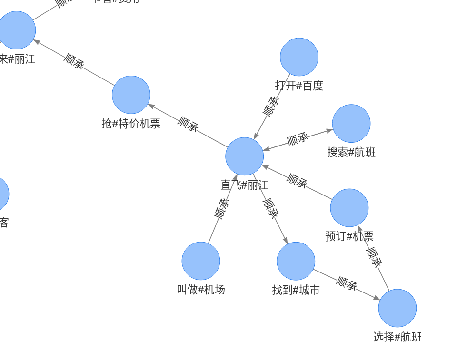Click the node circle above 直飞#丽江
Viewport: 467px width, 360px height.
[x=244, y=156]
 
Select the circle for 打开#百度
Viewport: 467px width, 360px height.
[x=299, y=57]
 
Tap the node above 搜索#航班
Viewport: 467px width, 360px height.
[x=351, y=124]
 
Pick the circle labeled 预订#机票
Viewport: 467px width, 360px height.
[x=349, y=208]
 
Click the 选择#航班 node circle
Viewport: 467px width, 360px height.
[x=397, y=308]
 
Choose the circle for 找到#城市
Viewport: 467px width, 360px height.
[x=296, y=261]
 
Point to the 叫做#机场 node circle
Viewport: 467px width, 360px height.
[x=201, y=261]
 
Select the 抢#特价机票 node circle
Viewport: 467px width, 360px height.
[x=131, y=95]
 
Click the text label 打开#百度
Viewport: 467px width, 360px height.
[x=299, y=86]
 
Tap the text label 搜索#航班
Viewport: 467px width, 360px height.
[x=351, y=152]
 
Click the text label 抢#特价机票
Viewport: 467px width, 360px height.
[x=131, y=124]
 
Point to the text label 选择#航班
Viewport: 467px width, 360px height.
[x=397, y=337]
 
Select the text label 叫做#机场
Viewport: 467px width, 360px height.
[x=201, y=290]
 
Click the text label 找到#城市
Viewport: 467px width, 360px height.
[x=296, y=290]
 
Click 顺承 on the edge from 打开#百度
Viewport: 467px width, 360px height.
[x=271, y=107]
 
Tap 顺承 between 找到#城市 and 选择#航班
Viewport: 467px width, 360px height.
[x=347, y=284]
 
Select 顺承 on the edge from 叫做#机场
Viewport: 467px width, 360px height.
[x=222, y=209]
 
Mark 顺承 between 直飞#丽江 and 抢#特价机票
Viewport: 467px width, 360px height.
[x=188, y=124]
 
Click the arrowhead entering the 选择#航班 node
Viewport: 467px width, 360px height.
[x=377, y=298]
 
